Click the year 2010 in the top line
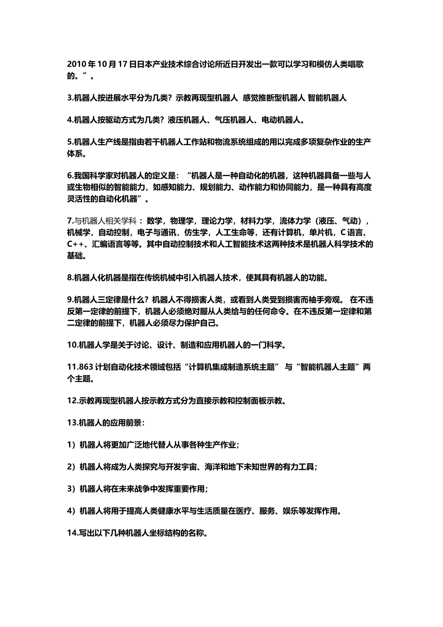pos(75,64)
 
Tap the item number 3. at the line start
pos(70,98)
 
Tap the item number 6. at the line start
pos(70,176)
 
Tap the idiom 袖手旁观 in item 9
pos(327,300)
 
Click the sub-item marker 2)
pos(71,467)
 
